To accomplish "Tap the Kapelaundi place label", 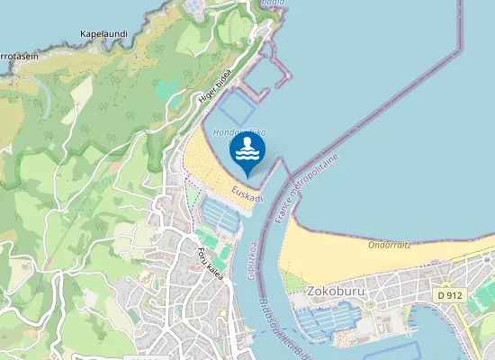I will [103, 34].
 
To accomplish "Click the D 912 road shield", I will [451, 294].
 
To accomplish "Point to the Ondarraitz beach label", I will [389, 244].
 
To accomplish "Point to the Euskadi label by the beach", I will [246, 195].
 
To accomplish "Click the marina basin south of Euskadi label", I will [220, 213].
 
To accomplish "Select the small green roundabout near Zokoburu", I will [369, 304].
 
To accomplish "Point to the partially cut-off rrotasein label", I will [18, 56].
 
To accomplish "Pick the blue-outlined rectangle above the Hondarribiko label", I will [232, 109].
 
